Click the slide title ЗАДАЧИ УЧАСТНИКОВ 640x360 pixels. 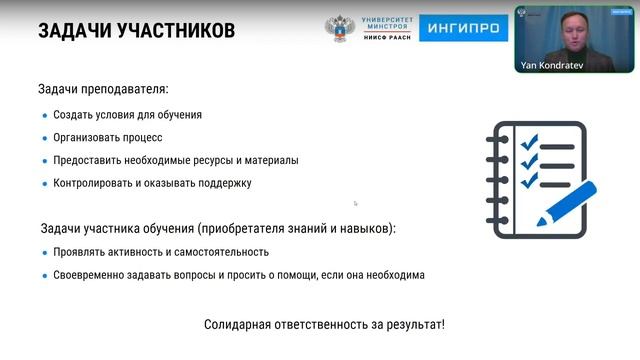(x=136, y=31)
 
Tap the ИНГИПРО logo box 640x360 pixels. (x=463, y=29)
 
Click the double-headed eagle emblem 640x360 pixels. (x=341, y=29)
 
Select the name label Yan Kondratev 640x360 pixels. (x=548, y=66)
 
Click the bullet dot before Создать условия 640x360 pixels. (x=44, y=115)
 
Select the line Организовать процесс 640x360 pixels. (x=108, y=137)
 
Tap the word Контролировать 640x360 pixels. (x=93, y=183)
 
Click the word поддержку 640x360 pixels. (x=225, y=183)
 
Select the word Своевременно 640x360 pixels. (x=92, y=275)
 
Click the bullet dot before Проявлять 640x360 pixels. (x=44, y=252)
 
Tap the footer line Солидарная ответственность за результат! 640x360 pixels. (x=324, y=325)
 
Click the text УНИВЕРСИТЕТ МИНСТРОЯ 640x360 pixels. (x=387, y=24)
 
